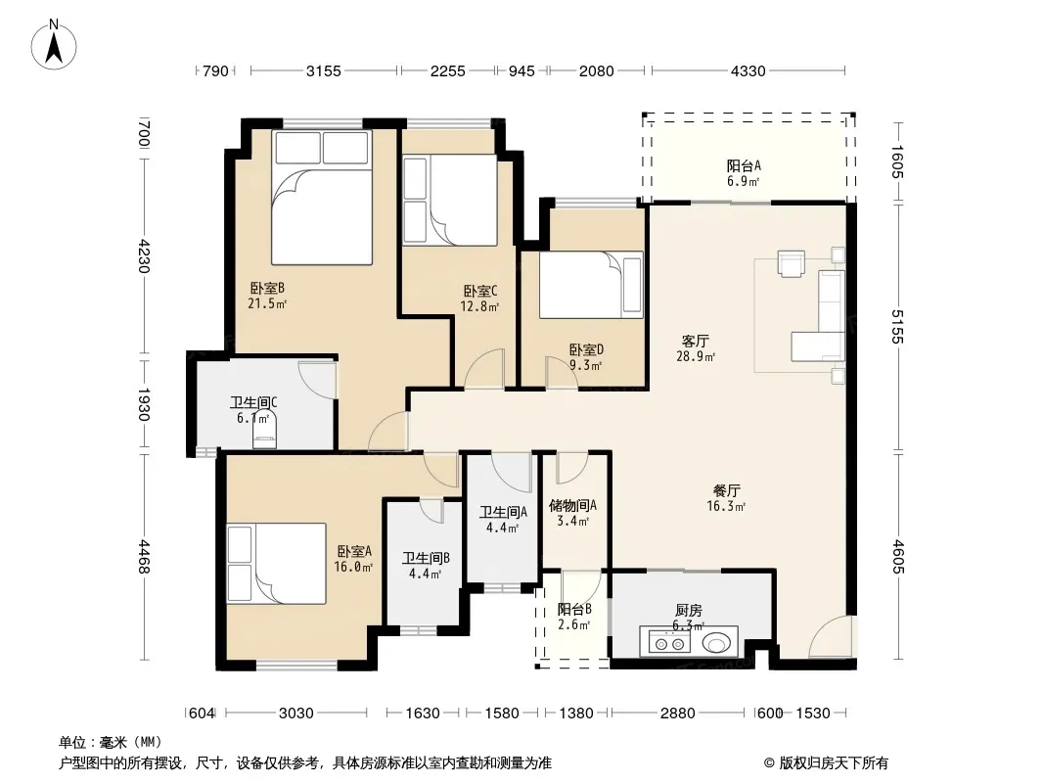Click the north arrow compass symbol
click(54, 45)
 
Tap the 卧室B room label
click(267, 296)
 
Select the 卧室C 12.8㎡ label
click(479, 299)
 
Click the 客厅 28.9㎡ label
click(696, 348)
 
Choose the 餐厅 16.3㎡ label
click(726, 498)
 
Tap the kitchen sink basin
click(716, 643)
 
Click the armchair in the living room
click(792, 263)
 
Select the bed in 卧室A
click(277, 564)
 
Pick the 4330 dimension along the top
click(748, 70)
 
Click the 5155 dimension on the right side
click(897, 327)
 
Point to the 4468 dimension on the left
click(145, 557)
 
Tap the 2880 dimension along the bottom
click(677, 714)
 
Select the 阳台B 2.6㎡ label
click(574, 617)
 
